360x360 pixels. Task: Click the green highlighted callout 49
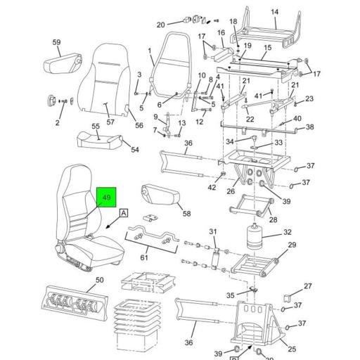coord(108,198)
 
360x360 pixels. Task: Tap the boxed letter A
coord(124,212)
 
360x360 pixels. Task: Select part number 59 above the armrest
coord(57,43)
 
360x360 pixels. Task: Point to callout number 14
coord(275,12)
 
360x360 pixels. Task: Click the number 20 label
coord(160,24)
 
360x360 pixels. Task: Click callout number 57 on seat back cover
coord(110,122)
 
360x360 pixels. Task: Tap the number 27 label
coord(307,286)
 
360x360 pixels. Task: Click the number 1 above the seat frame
coord(150,50)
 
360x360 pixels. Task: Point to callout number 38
coord(309,127)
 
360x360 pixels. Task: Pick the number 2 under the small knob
coord(57,123)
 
